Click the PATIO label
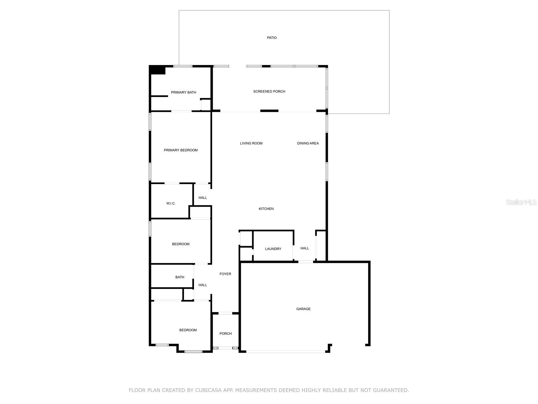[272, 38]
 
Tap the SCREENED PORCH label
[269, 92]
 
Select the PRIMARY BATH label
[183, 93]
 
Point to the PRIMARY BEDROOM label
[181, 150]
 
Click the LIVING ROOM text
[251, 143]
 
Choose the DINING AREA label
[308, 143]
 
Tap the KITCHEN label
[266, 209]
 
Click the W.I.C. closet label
[171, 203]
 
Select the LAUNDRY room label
[273, 249]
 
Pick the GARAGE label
[303, 309]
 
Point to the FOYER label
[225, 274]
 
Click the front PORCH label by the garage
[226, 334]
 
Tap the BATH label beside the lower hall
[180, 277]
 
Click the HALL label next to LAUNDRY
[305, 248]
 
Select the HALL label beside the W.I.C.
[203, 198]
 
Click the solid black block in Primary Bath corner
[157, 70]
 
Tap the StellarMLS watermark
[521, 202]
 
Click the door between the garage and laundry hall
[305, 262]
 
